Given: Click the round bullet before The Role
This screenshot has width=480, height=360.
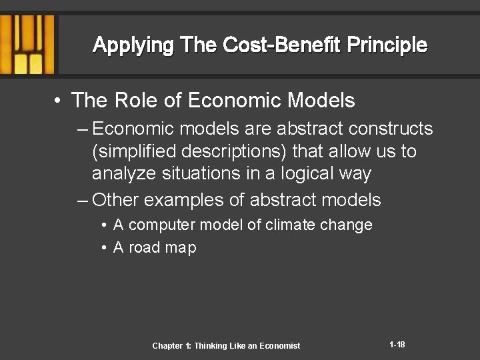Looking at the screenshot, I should click(59, 101).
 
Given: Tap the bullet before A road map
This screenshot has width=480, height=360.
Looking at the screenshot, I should click(105, 247).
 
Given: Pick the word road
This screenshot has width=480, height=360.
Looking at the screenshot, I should click(144, 247).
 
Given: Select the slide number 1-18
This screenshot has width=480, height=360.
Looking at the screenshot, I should click(397, 345).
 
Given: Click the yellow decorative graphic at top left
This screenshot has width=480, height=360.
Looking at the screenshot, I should click(27, 44).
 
